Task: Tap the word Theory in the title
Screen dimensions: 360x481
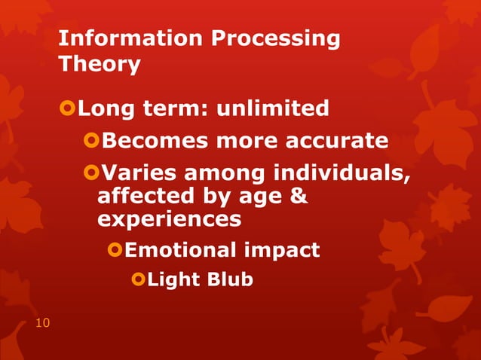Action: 99,65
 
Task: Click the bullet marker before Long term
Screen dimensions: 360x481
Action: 68,109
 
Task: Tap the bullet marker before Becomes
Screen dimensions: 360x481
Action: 91,142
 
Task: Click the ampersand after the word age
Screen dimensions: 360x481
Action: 299,197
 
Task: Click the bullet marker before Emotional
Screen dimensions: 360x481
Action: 115,249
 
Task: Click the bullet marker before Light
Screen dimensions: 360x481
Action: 137,279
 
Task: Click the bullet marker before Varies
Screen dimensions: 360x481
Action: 91,174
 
